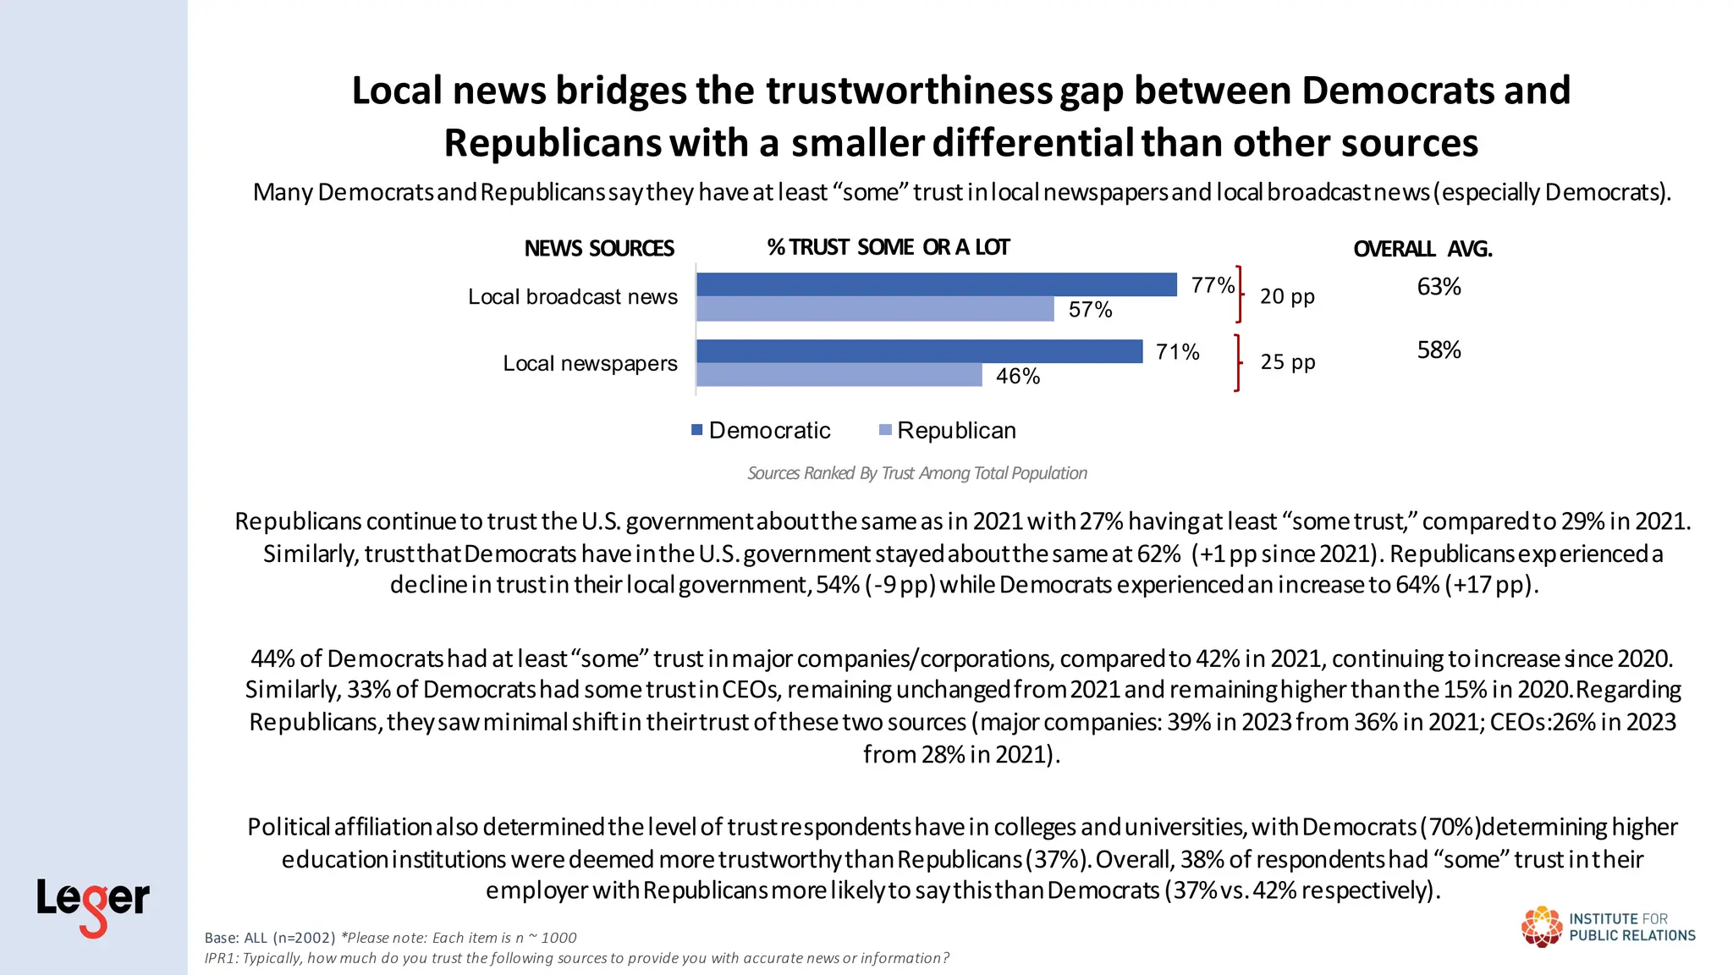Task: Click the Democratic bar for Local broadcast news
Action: click(x=936, y=284)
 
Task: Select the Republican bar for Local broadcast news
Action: click(x=875, y=309)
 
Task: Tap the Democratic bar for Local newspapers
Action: click(x=919, y=351)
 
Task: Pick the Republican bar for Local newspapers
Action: click(x=839, y=375)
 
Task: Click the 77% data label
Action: click(x=1212, y=285)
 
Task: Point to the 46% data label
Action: click(x=1017, y=376)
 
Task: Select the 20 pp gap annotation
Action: click(x=1286, y=296)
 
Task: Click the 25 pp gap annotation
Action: click(x=1287, y=362)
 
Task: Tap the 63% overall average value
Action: click(x=1439, y=287)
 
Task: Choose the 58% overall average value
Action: click(x=1439, y=350)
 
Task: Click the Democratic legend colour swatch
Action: click(x=697, y=430)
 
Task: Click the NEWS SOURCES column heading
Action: click(x=598, y=248)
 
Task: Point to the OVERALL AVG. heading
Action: click(x=1422, y=249)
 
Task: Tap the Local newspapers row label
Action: click(x=590, y=363)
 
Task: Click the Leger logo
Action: click(x=92, y=906)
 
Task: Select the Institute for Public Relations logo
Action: click(x=1608, y=927)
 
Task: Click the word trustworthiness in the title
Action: click(x=909, y=91)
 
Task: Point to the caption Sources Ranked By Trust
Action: click(x=916, y=473)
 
